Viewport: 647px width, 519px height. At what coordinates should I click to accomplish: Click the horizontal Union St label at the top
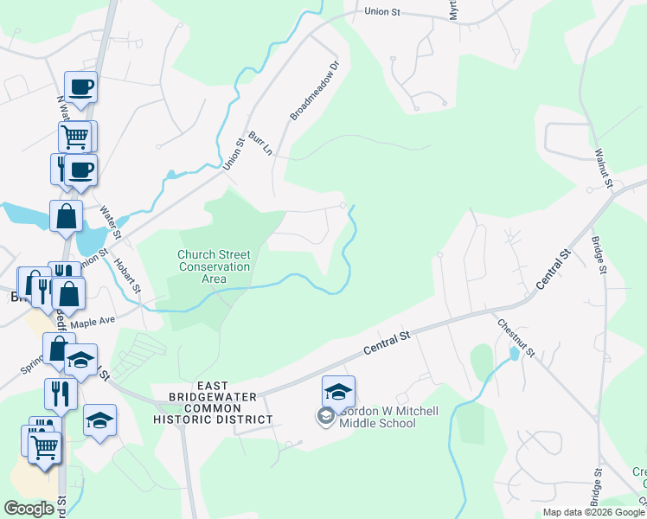[383, 12]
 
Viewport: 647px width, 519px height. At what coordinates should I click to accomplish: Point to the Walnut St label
[603, 168]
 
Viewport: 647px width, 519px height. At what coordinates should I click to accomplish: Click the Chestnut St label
[516, 337]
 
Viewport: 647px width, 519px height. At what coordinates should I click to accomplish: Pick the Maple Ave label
[93, 323]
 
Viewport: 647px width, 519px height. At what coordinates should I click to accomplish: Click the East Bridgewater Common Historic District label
[212, 402]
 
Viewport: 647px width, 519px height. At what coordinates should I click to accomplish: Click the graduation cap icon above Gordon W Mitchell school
[338, 390]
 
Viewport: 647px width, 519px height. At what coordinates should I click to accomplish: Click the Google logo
[29, 509]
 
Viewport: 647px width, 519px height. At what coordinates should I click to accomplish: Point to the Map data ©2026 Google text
[593, 512]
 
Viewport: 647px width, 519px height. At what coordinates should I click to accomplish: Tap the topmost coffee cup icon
[81, 86]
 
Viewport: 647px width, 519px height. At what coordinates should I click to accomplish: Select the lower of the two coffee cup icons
[81, 170]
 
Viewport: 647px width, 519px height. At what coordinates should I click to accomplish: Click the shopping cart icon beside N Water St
[75, 136]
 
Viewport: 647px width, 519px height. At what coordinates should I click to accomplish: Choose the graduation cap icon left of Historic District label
[100, 420]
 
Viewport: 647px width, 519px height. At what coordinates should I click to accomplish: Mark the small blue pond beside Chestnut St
[516, 353]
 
